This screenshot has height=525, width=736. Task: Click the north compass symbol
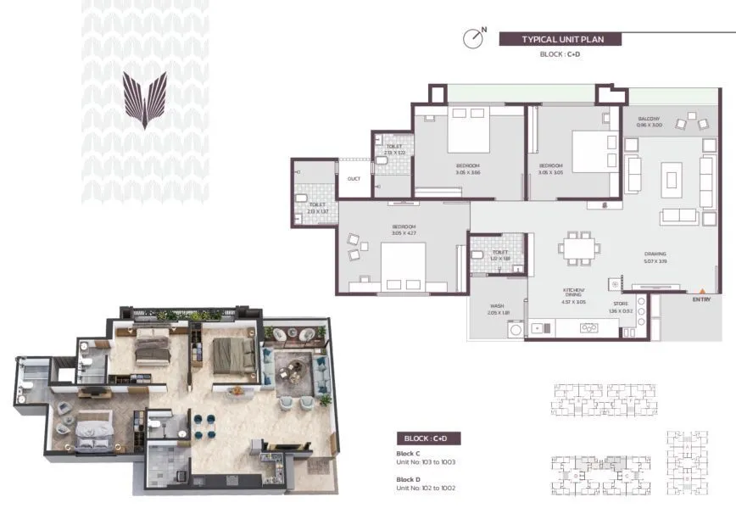473,39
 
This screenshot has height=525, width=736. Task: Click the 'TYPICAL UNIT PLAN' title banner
560,39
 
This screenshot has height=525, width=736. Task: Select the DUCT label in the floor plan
354,178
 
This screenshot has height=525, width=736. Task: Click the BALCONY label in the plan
649,119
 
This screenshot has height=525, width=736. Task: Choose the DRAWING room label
655,254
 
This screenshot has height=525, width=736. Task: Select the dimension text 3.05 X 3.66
468,172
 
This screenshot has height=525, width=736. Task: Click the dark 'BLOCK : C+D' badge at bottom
429,438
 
